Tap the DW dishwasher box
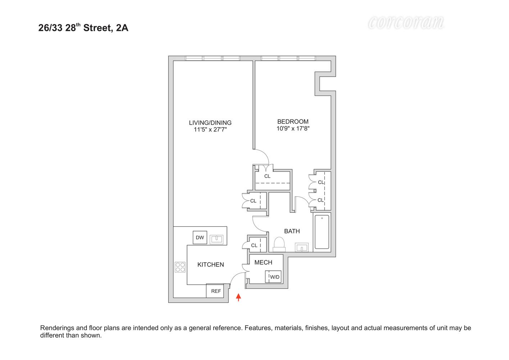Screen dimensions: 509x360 pyautogui.click(x=200, y=238)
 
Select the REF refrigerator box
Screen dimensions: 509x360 pyautogui.click(x=215, y=291)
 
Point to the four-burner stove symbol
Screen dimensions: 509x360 pyautogui.click(x=180, y=267)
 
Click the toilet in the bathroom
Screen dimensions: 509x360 pyautogui.click(x=279, y=244)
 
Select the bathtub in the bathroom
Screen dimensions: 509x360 pyautogui.click(x=322, y=232)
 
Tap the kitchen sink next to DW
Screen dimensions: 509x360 pyautogui.click(x=217, y=239)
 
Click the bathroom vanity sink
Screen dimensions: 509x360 pyautogui.click(x=302, y=247)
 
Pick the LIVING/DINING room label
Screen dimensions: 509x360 pyautogui.click(x=210, y=123)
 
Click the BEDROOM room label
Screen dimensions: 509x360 pyautogui.click(x=293, y=122)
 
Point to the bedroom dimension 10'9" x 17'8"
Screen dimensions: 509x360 pyautogui.click(x=293, y=129)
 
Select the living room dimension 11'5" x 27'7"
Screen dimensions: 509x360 pyautogui.click(x=210, y=130)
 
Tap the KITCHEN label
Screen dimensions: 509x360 pyautogui.click(x=210, y=265)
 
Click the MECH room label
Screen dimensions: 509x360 pyautogui.click(x=263, y=262)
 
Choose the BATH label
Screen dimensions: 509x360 pyautogui.click(x=292, y=231)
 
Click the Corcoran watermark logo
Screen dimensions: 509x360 pyautogui.click(x=406, y=23)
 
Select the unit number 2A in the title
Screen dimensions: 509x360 pyautogui.click(x=122, y=28)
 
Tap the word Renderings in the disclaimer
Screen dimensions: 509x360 pyautogui.click(x=58, y=328)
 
